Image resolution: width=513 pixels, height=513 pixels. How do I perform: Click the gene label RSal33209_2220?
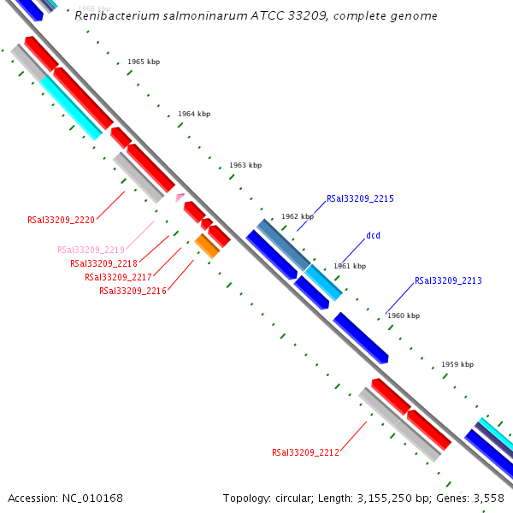pyautogui.click(x=61, y=220)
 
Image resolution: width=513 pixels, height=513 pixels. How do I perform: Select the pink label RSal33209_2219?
pyautogui.click(x=91, y=250)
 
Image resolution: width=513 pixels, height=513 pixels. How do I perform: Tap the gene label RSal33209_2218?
pyautogui.click(x=103, y=263)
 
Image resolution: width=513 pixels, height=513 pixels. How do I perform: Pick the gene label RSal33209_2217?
pyautogui.click(x=118, y=277)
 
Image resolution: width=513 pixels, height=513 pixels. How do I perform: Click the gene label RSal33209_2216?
pyautogui.click(x=133, y=291)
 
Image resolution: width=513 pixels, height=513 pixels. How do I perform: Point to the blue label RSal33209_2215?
pyautogui.click(x=360, y=198)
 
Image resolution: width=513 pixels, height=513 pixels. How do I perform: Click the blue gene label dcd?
pyautogui.click(x=373, y=235)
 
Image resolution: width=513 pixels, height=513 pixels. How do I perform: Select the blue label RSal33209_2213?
pyautogui.click(x=448, y=280)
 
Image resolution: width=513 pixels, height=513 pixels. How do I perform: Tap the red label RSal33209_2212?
pyautogui.click(x=305, y=452)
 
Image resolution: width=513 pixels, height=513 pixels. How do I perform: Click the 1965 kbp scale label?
pyautogui.click(x=144, y=62)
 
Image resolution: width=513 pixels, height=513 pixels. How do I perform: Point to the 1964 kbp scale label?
pyautogui.click(x=194, y=114)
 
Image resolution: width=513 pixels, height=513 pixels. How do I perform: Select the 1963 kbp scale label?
pyautogui.click(x=245, y=165)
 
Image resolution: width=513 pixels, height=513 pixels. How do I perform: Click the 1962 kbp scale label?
pyautogui.click(x=298, y=216)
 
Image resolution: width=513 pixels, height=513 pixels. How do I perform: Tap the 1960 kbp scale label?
pyautogui.click(x=404, y=315)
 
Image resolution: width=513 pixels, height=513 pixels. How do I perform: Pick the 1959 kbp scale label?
pyautogui.click(x=457, y=364)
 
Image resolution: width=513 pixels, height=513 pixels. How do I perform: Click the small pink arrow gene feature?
pyautogui.click(x=180, y=198)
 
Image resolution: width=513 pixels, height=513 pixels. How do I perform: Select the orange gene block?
pyautogui.click(x=207, y=245)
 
